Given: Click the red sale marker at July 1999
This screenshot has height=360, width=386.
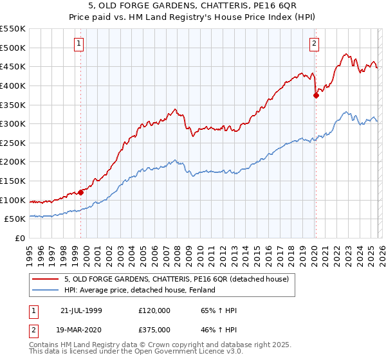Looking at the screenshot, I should pyautogui.click(x=81, y=192).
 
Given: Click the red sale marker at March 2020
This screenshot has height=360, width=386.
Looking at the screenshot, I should pyautogui.click(x=316, y=95).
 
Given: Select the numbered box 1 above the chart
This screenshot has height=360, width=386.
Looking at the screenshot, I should pyautogui.click(x=78, y=44).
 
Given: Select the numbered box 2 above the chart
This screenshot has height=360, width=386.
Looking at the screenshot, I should pyautogui.click(x=314, y=44).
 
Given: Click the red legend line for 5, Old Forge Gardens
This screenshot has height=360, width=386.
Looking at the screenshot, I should pyautogui.click(x=46, y=279).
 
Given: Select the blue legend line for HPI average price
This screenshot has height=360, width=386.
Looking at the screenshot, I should pyautogui.click(x=46, y=290).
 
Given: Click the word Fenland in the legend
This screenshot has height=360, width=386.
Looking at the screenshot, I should pyautogui.click(x=200, y=290).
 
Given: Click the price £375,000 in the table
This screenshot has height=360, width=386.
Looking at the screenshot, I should pyautogui.click(x=154, y=329).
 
